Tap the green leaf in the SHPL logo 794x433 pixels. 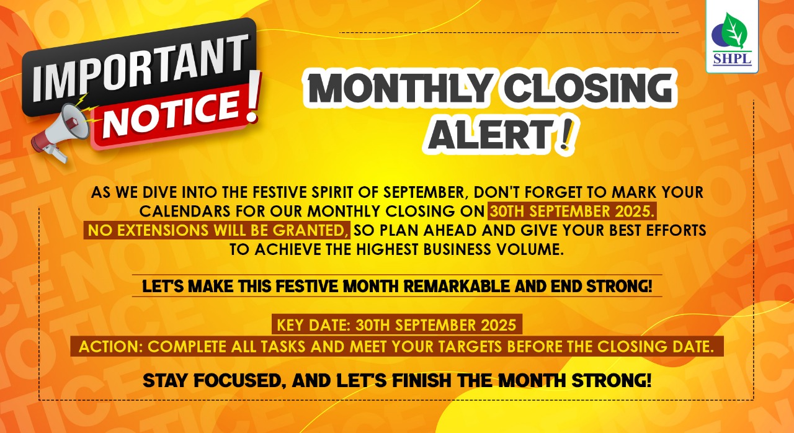tap(734, 30)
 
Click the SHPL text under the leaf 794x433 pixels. tap(732, 58)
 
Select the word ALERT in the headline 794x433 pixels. tap(490, 135)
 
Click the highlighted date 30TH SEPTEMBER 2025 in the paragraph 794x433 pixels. tap(572, 211)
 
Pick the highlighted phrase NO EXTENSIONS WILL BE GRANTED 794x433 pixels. tap(217, 230)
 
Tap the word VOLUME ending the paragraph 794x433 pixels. tap(530, 249)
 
